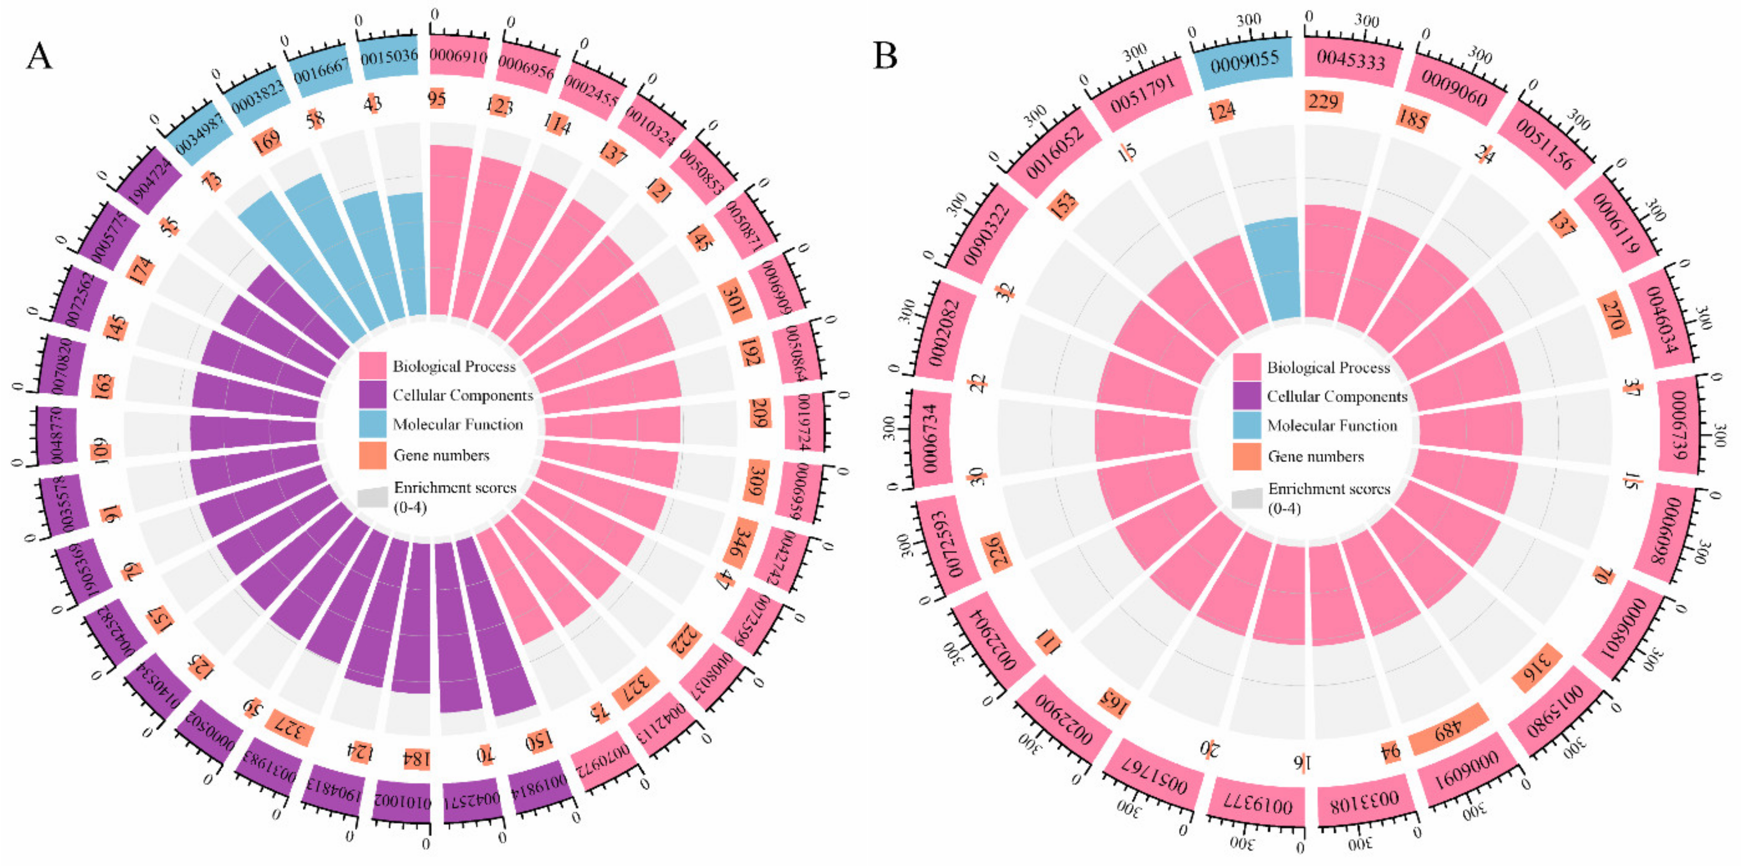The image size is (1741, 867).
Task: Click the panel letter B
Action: [885, 55]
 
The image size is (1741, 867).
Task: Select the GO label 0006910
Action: [458, 55]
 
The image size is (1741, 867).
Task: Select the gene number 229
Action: [1323, 101]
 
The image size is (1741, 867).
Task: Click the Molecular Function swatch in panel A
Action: [373, 424]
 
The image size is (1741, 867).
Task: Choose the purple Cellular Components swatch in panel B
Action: [1246, 396]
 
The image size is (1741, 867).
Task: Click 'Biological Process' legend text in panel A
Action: [454, 367]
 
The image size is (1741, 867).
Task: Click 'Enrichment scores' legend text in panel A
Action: [455, 488]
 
